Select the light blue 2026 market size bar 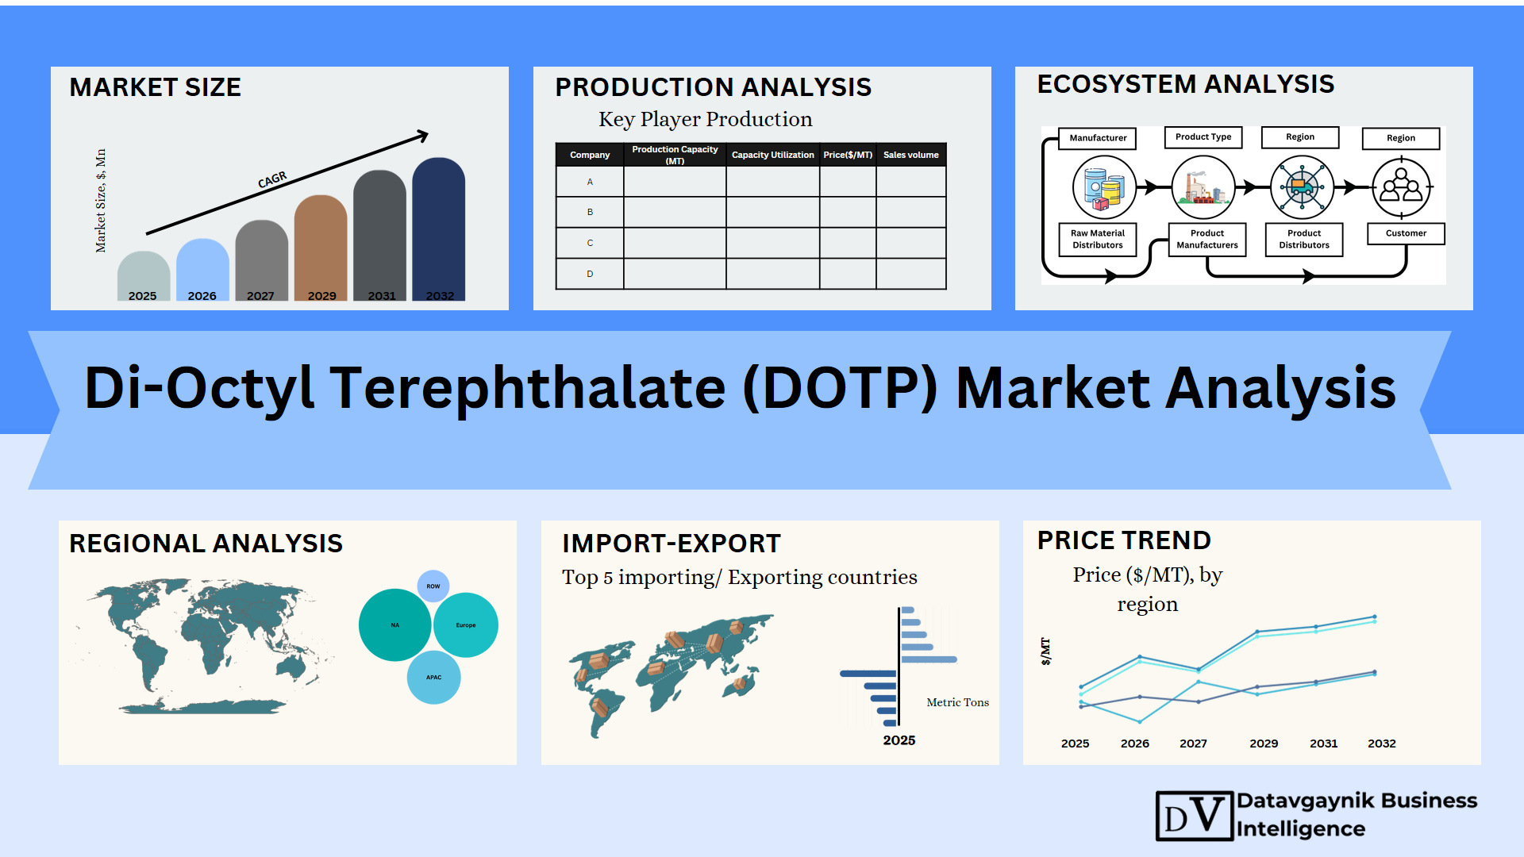(x=202, y=269)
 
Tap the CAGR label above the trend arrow (x=272, y=180)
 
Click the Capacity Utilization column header (x=772, y=155)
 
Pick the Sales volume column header (x=911, y=155)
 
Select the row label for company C (x=590, y=243)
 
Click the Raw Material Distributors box (x=1098, y=239)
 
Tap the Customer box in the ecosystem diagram (x=1406, y=233)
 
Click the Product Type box (x=1203, y=137)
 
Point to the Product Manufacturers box (x=1207, y=239)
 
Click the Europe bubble (x=466, y=625)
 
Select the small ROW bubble (x=433, y=586)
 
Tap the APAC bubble (x=433, y=678)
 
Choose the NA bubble (x=395, y=625)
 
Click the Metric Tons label (x=958, y=702)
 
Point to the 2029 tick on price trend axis (x=1264, y=744)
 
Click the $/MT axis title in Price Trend (x=1045, y=651)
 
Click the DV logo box (x=1195, y=816)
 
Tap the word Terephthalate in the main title (x=528, y=389)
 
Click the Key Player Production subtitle (x=706, y=120)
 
